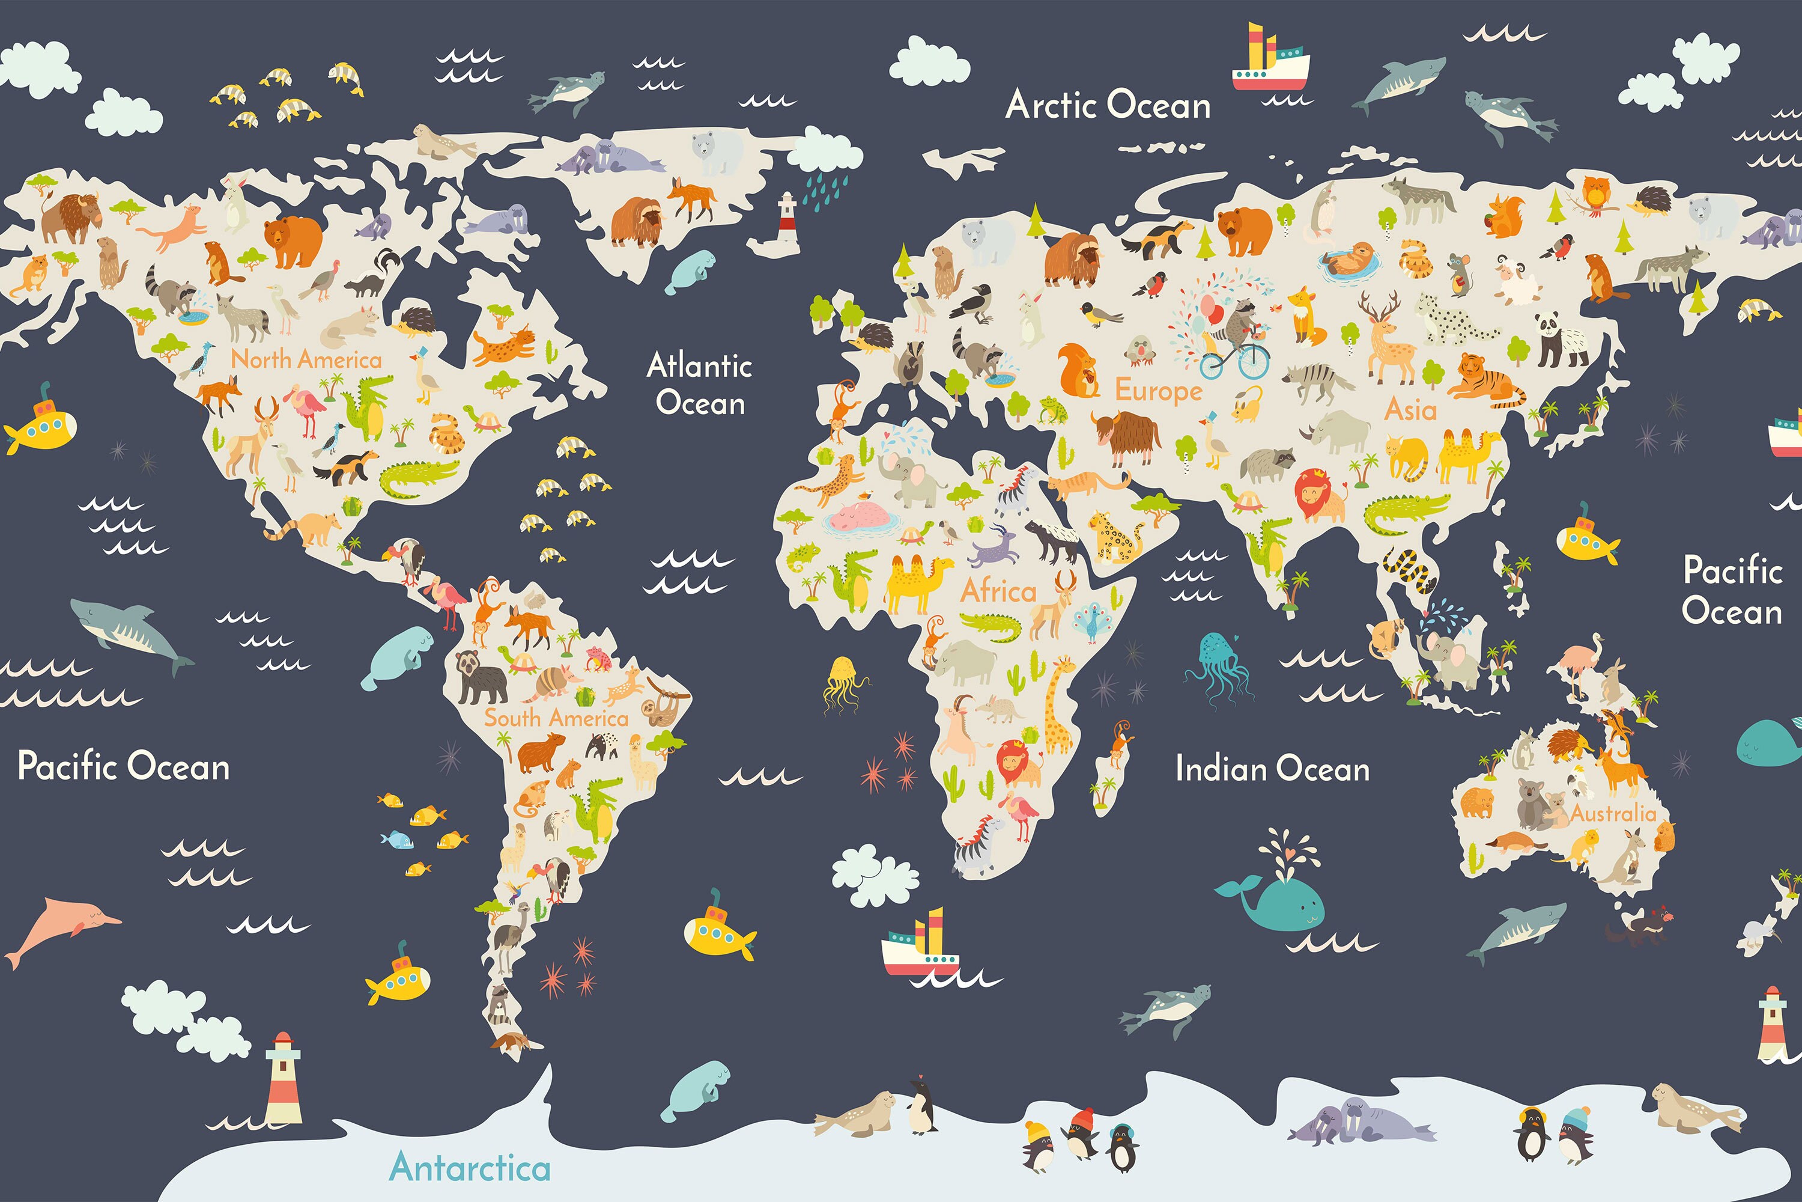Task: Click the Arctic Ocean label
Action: pyautogui.click(x=1108, y=105)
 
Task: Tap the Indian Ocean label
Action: pyautogui.click(x=1272, y=769)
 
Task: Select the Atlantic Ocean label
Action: pyautogui.click(x=700, y=384)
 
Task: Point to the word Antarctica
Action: pyautogui.click(x=470, y=1168)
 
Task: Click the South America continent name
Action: pyautogui.click(x=556, y=718)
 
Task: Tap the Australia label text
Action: pyautogui.click(x=1613, y=813)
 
